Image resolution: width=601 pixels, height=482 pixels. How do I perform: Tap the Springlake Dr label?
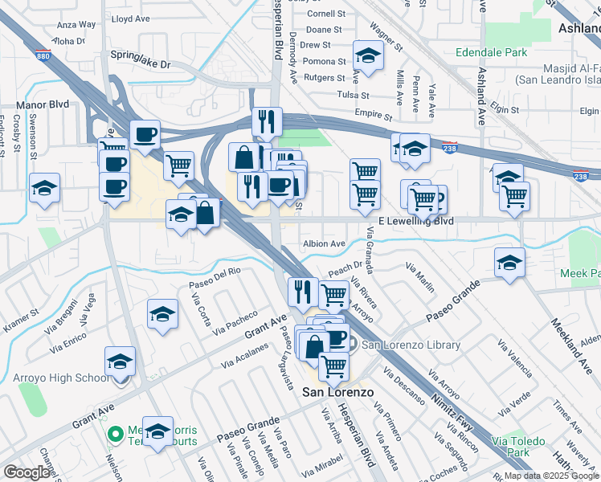pyautogui.click(x=141, y=63)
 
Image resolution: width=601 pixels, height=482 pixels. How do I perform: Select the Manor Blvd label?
pyautogui.click(x=43, y=104)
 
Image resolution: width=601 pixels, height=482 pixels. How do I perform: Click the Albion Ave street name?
pyautogui.click(x=324, y=243)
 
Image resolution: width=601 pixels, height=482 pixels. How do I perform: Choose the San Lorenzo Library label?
pyautogui.click(x=411, y=345)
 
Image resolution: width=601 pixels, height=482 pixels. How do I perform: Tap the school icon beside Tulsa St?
pyautogui.click(x=368, y=55)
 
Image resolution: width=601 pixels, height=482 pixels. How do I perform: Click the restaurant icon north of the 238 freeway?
pyautogui.click(x=267, y=121)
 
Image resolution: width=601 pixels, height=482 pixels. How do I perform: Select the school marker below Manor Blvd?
pyautogui.click(x=45, y=189)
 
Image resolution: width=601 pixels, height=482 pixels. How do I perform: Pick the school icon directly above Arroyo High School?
pyautogui.click(x=121, y=361)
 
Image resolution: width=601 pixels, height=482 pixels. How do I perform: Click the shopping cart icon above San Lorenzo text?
pyautogui.click(x=333, y=366)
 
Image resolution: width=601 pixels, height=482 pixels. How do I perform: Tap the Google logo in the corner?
pyautogui.click(x=27, y=472)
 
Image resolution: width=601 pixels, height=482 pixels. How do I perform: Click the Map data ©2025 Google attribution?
pyautogui.click(x=551, y=476)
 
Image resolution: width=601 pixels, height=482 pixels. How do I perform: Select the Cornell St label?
pyautogui.click(x=326, y=14)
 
